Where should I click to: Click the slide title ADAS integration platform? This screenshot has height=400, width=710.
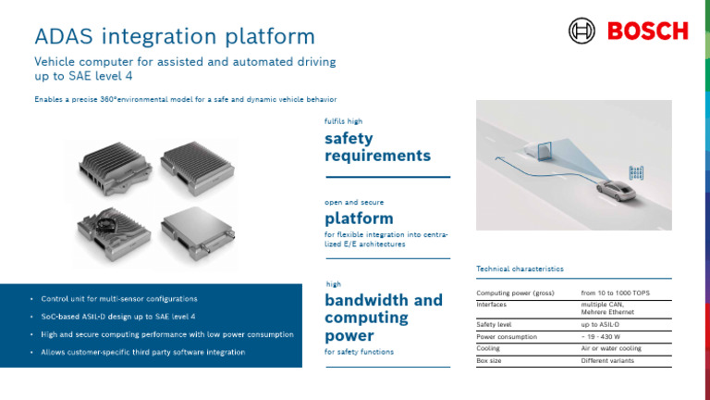[174, 36]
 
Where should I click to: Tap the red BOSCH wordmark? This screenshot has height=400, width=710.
[647, 31]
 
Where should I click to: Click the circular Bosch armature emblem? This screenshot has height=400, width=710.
[582, 31]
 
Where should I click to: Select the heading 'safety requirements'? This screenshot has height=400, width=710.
[377, 147]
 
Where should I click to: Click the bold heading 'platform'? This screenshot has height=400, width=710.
[359, 219]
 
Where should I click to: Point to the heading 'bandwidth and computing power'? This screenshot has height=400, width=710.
[384, 318]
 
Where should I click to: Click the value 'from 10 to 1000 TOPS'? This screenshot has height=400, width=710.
[615, 293]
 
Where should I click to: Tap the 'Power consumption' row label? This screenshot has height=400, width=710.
[506, 337]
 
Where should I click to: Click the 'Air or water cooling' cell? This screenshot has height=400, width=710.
[610, 349]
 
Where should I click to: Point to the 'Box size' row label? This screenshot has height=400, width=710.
[489, 360]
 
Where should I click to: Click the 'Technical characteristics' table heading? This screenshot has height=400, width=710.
[520, 269]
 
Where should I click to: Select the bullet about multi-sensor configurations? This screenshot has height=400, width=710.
[118, 299]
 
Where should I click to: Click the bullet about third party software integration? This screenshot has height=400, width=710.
[142, 352]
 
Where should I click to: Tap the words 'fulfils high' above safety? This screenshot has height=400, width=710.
[343, 121]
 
